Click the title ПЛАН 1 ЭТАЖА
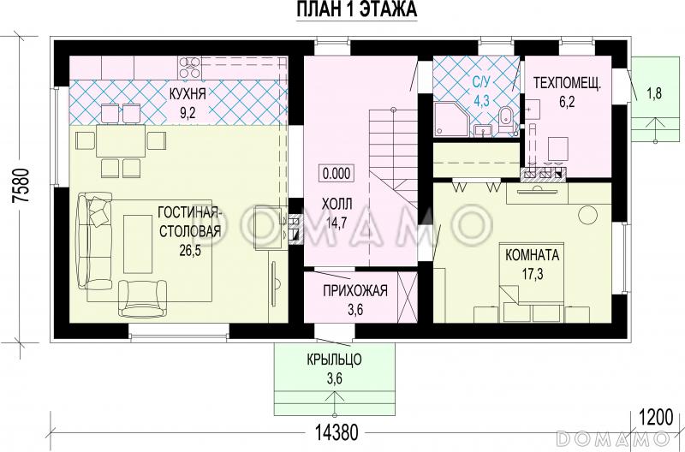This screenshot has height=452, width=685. pos(357,9)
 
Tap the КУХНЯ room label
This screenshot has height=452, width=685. pos(188,93)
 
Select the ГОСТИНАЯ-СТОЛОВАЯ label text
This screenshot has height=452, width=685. pos(188,222)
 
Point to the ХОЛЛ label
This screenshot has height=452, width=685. pos(337,204)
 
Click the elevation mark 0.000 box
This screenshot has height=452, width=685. pos(337,174)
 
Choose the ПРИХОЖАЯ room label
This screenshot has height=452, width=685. pos(355,290)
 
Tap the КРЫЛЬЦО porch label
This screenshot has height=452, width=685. pos(334,360)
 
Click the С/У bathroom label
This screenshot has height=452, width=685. pos(481,81)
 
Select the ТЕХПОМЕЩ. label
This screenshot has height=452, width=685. pos(568,82)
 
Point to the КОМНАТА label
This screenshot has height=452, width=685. pos(532,254)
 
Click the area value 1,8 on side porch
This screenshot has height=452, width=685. pos(654,93)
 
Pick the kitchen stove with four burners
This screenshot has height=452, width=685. pos(189,68)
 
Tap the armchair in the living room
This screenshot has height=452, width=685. pos(143,298)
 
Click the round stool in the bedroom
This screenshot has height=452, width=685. pos(587,214)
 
